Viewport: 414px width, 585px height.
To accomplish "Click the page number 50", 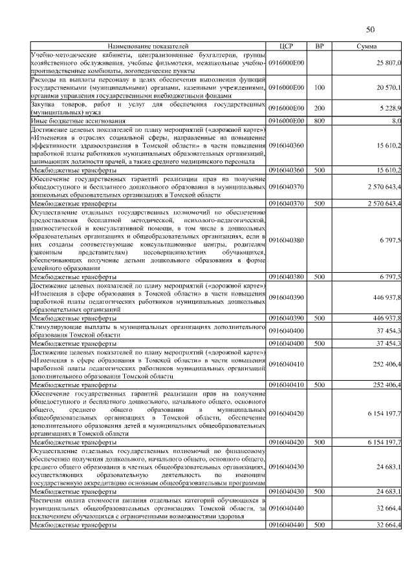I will (x=371, y=29).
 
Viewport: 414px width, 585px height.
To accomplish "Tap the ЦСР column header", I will (x=287, y=47).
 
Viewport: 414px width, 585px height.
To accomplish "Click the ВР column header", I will (x=319, y=47).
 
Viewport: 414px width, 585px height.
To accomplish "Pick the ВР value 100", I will (x=319, y=87).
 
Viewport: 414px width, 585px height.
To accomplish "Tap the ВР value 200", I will (x=319, y=108).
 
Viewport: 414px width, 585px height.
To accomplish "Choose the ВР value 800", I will (x=319, y=120).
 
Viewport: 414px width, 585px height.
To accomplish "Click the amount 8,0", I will (x=397, y=120).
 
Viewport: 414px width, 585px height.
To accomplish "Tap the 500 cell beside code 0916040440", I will (x=319, y=526).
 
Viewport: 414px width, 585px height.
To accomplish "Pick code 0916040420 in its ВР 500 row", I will (x=286, y=442).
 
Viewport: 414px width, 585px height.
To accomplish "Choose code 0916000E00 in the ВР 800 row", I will (x=286, y=120).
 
